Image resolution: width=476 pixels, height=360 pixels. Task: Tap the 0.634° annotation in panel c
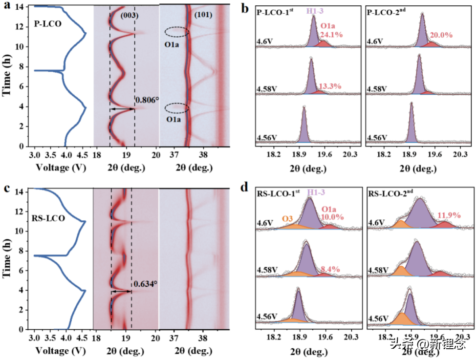pyautogui.click(x=145, y=283)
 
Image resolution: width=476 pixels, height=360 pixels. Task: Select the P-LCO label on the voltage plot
pyautogui.click(x=48, y=22)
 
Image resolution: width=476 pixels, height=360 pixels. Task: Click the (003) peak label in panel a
pyautogui.click(x=130, y=16)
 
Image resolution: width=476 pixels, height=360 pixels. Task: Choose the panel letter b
pyautogui.click(x=246, y=8)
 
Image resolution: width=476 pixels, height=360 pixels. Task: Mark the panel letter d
pyautogui.click(x=247, y=188)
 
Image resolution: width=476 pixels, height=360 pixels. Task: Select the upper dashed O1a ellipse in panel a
pyautogui.click(x=176, y=32)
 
